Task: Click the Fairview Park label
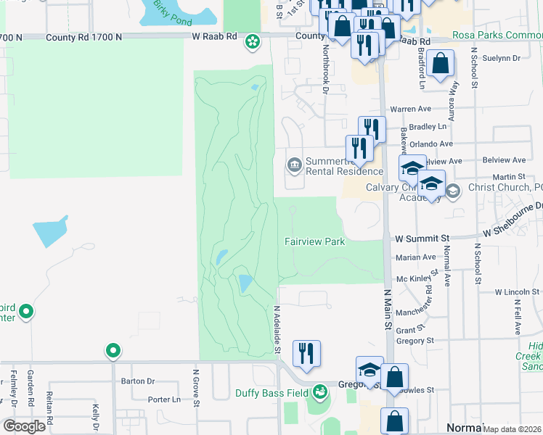click(314, 241)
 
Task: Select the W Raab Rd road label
click(215, 36)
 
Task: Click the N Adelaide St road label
click(277, 329)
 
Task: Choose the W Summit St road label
click(422, 237)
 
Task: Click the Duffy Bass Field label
click(271, 394)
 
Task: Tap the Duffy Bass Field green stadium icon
click(320, 394)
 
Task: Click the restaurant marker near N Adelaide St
click(306, 353)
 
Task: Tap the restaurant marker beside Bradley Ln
click(372, 129)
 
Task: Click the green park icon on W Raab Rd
click(252, 43)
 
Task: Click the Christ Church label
click(502, 188)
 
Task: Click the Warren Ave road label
click(411, 109)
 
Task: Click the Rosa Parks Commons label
click(497, 35)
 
